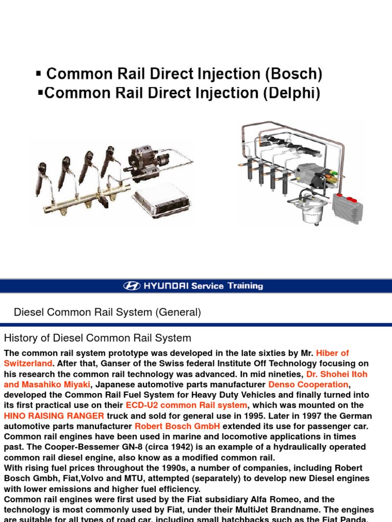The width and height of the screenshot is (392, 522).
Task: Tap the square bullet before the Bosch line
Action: [x=39, y=74]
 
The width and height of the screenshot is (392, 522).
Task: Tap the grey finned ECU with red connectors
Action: [x=347, y=206]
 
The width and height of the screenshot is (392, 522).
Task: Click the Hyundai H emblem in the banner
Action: [x=131, y=286]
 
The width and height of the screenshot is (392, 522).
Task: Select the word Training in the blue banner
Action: [x=244, y=286]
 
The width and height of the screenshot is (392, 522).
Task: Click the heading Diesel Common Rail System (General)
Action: [x=107, y=312]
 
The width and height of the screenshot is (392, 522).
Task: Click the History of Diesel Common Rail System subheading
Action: [x=97, y=338]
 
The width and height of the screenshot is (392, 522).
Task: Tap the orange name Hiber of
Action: [x=332, y=353]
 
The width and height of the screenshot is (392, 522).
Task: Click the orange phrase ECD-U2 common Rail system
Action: [x=186, y=405]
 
